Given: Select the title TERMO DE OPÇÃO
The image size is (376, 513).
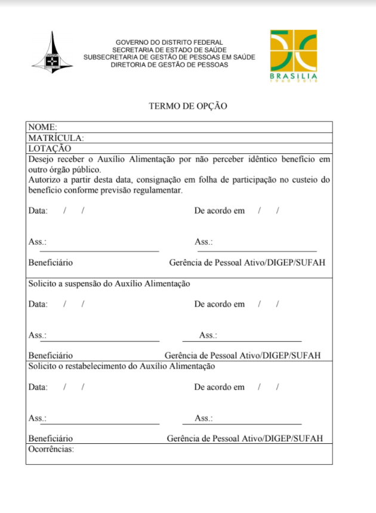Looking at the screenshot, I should (188, 106).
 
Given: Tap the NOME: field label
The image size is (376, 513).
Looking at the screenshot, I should (42, 127).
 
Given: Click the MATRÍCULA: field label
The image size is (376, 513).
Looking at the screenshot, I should (56, 138).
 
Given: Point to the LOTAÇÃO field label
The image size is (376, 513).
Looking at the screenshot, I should (50, 149).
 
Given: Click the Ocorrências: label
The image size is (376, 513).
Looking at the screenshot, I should (51, 449).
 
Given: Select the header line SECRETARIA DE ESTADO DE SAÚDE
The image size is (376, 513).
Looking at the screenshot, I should (169, 50).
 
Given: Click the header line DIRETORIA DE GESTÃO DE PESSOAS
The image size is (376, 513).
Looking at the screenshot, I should (169, 64).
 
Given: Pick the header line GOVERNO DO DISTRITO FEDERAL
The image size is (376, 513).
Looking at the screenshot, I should (169, 42).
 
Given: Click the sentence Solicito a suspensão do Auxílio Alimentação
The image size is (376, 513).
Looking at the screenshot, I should (109, 284).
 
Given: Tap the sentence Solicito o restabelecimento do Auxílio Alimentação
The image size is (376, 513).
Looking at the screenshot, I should (122, 366).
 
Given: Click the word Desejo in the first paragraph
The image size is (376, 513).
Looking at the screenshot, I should (41, 159).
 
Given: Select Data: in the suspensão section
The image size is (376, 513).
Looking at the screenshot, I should (38, 304).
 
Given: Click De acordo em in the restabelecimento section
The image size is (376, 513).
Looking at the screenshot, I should (219, 387).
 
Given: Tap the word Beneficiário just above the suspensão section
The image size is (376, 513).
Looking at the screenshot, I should (51, 262).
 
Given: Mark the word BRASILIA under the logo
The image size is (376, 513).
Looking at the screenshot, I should (294, 76).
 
